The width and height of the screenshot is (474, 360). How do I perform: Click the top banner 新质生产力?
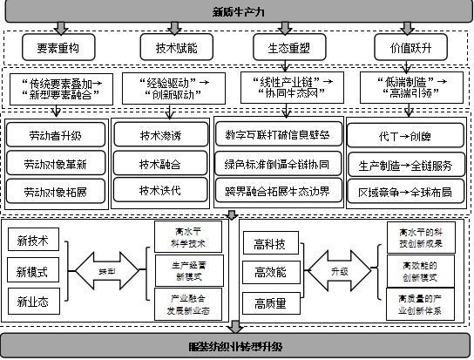(x=236, y=12)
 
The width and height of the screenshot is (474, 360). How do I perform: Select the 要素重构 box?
(x=58, y=45)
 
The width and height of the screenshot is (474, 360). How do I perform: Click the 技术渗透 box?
(x=157, y=136)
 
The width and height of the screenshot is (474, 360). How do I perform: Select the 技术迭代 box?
(x=157, y=189)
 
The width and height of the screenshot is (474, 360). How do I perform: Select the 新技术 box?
(x=33, y=239)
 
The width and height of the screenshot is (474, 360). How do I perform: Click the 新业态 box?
(x=33, y=302)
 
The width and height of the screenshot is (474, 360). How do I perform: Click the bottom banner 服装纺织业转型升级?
(x=236, y=347)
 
